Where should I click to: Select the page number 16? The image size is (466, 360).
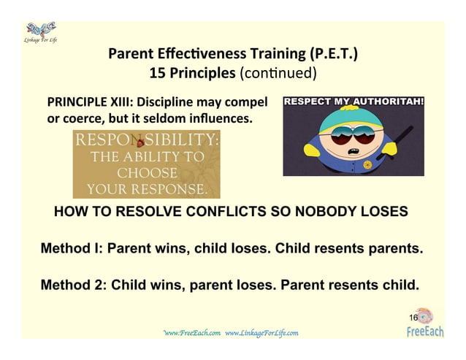[413, 318]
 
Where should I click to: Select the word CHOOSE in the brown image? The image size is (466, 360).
[147, 175]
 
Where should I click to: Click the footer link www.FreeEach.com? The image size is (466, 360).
[191, 333]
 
